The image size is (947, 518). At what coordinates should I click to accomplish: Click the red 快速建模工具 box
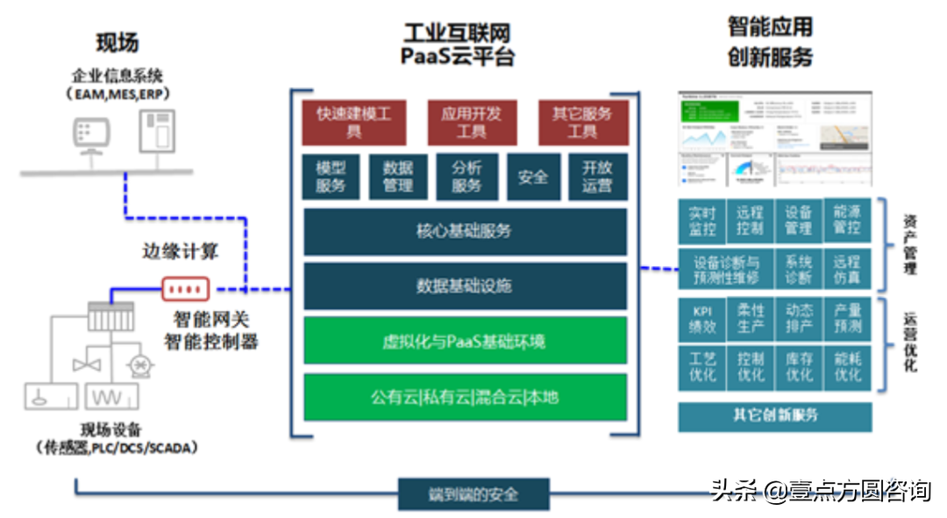353,123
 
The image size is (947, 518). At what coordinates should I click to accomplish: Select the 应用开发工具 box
471,123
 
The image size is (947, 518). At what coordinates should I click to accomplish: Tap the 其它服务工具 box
582,123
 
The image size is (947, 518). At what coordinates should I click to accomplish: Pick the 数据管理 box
398,176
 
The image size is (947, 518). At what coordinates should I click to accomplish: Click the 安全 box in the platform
532,176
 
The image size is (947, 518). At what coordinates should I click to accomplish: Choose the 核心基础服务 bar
465,232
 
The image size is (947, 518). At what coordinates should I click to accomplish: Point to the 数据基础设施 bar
465,286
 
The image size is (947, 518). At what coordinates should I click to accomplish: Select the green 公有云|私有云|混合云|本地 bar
465,397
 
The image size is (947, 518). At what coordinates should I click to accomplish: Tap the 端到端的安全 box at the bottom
473,493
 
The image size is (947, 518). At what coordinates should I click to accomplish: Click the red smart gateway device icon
185,288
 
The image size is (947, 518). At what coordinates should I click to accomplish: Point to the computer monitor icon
91,134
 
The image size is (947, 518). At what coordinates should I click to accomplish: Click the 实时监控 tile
702,221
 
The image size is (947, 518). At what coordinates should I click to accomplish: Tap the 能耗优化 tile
847,367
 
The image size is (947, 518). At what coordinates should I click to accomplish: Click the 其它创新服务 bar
774,416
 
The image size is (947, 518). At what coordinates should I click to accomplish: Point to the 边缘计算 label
180,252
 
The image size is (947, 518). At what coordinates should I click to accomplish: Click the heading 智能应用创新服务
770,42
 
